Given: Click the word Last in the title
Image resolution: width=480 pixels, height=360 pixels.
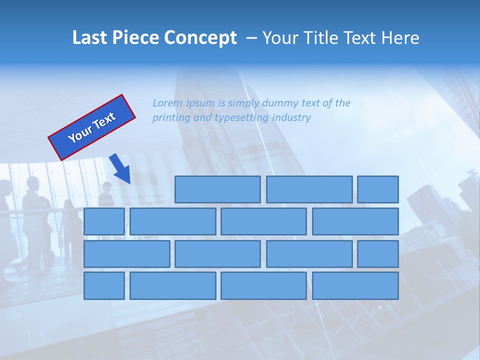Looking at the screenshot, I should click(90, 38).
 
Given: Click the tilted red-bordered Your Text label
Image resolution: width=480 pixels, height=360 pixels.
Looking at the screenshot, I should click(92, 127).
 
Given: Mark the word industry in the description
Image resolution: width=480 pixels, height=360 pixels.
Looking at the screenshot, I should click(291, 118).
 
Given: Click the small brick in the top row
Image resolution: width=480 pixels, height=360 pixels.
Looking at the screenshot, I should click(378, 189).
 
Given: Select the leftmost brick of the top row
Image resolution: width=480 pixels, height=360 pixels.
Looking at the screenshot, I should click(217, 189).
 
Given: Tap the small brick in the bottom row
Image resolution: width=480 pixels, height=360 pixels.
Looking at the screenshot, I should click(104, 285).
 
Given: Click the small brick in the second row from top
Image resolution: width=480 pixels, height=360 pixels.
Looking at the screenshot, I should click(104, 221).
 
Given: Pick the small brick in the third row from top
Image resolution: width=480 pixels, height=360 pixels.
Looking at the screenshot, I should click(378, 253).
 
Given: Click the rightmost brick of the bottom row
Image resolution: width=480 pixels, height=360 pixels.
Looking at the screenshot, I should click(355, 285).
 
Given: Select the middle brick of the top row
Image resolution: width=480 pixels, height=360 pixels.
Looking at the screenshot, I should click(309, 189).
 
